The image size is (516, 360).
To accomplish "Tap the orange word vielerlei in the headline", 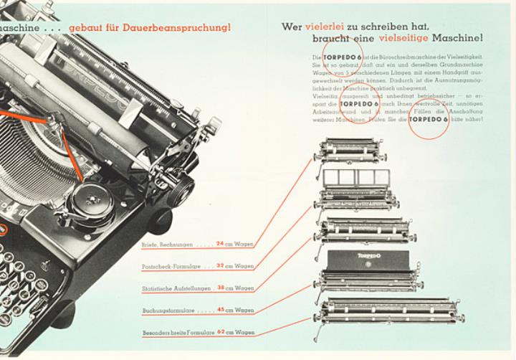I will (328, 27).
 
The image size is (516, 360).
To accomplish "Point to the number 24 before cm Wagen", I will (220, 244).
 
